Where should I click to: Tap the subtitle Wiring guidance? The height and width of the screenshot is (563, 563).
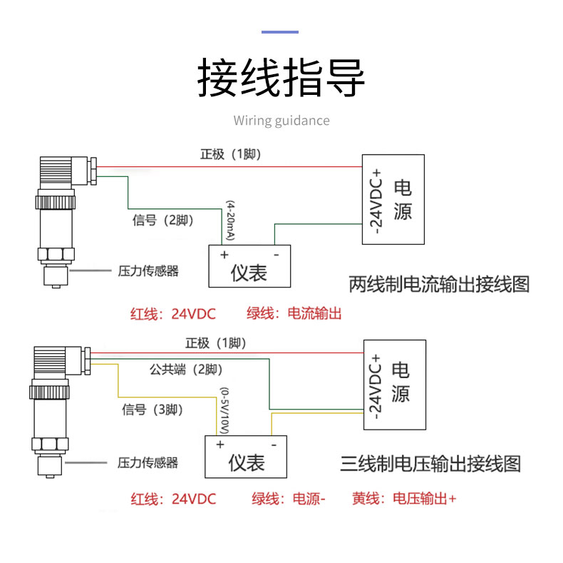click(x=281, y=120)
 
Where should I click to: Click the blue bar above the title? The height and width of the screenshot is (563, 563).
click(x=280, y=31)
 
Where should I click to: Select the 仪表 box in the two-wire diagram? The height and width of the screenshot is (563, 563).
click(x=249, y=265)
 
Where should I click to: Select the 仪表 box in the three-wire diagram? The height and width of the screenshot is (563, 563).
click(x=247, y=457)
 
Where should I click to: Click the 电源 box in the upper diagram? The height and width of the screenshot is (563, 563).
click(x=393, y=199)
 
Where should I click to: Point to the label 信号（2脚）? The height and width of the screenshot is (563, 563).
click(x=163, y=220)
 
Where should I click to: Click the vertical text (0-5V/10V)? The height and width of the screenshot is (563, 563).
click(x=224, y=410)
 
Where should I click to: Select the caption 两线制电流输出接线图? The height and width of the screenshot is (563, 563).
click(x=439, y=284)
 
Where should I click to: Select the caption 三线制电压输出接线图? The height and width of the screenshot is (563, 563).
click(x=430, y=464)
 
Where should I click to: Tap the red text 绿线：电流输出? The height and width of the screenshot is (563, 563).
click(x=294, y=313)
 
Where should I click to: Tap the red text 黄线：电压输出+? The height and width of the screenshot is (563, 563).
click(x=404, y=499)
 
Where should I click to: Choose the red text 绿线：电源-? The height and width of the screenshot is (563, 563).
click(x=289, y=499)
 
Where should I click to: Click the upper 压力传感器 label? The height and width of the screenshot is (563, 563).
click(x=148, y=271)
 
